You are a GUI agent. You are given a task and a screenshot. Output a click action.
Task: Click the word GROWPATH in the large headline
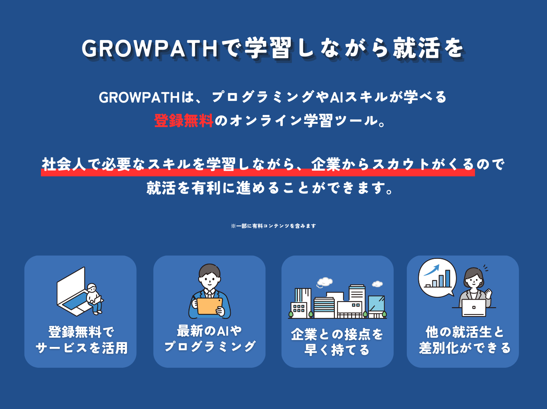click(x=149, y=48)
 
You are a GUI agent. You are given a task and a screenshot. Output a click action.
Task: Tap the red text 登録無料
click(x=183, y=121)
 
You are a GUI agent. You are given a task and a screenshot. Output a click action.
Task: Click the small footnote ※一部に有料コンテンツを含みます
click(x=273, y=226)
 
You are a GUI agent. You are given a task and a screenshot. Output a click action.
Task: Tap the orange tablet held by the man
click(x=209, y=306)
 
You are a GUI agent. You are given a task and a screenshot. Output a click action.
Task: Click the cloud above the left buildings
click(x=324, y=282)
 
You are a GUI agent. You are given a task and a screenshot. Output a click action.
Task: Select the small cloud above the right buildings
click(x=377, y=284)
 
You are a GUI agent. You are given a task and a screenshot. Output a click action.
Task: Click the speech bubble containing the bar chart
click(x=437, y=278)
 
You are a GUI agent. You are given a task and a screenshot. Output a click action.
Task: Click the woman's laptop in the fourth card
click(x=474, y=308)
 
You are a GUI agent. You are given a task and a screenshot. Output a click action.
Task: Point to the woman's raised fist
click(x=488, y=292)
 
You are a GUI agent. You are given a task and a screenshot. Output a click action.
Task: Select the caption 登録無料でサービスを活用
click(x=81, y=340)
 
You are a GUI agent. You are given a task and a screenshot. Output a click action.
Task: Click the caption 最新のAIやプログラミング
click(x=209, y=338)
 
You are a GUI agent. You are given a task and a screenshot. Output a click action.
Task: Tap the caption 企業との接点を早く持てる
click(x=337, y=342)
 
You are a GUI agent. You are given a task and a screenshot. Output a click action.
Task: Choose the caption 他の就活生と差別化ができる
click(x=465, y=340)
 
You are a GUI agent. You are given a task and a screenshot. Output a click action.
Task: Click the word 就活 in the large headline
click(x=416, y=48)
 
